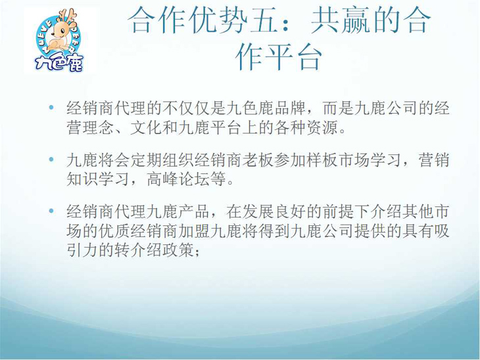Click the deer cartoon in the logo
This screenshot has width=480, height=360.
click(60, 35)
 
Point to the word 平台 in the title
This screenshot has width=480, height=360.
click(296, 57)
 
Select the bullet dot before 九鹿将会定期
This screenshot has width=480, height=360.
click(53, 159)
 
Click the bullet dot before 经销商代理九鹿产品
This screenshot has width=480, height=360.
click(53, 211)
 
